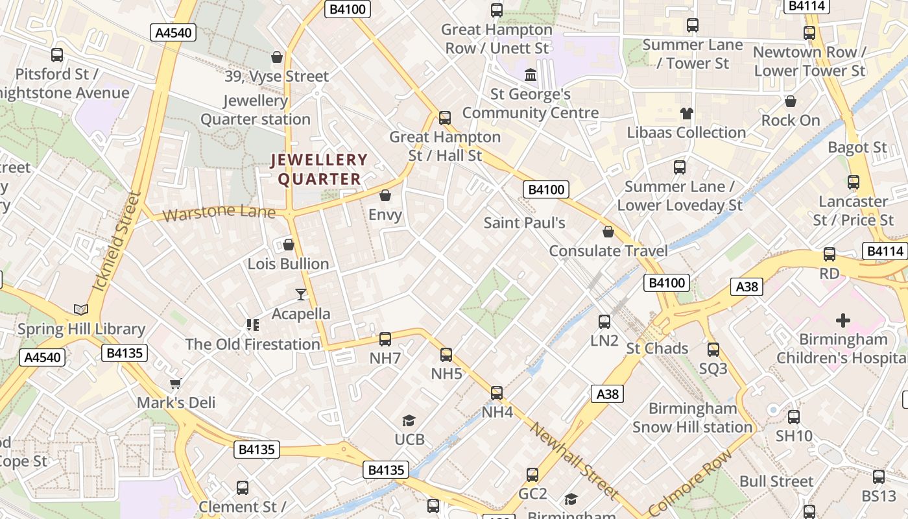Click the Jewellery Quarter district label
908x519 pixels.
[319, 169]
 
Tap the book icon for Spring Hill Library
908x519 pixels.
[81, 310]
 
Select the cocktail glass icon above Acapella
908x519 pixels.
[301, 295]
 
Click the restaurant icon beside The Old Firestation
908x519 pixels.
[252, 324]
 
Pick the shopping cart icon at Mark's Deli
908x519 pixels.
[175, 383]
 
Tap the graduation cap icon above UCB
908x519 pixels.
[409, 421]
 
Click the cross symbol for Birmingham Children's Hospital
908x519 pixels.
[842, 320]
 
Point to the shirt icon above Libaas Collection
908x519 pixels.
[687, 114]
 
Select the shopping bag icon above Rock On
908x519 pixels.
[791, 101]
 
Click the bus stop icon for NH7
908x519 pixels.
[385, 339]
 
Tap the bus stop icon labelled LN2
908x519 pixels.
[604, 321]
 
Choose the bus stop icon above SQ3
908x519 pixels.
[713, 350]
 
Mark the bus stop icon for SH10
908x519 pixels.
[794, 417]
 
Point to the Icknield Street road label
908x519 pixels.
[118, 249]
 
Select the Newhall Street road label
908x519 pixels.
[574, 461]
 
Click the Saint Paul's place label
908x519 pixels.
[525, 223]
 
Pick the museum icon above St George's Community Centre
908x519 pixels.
[531, 75]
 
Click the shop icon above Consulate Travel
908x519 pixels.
[608, 232]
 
